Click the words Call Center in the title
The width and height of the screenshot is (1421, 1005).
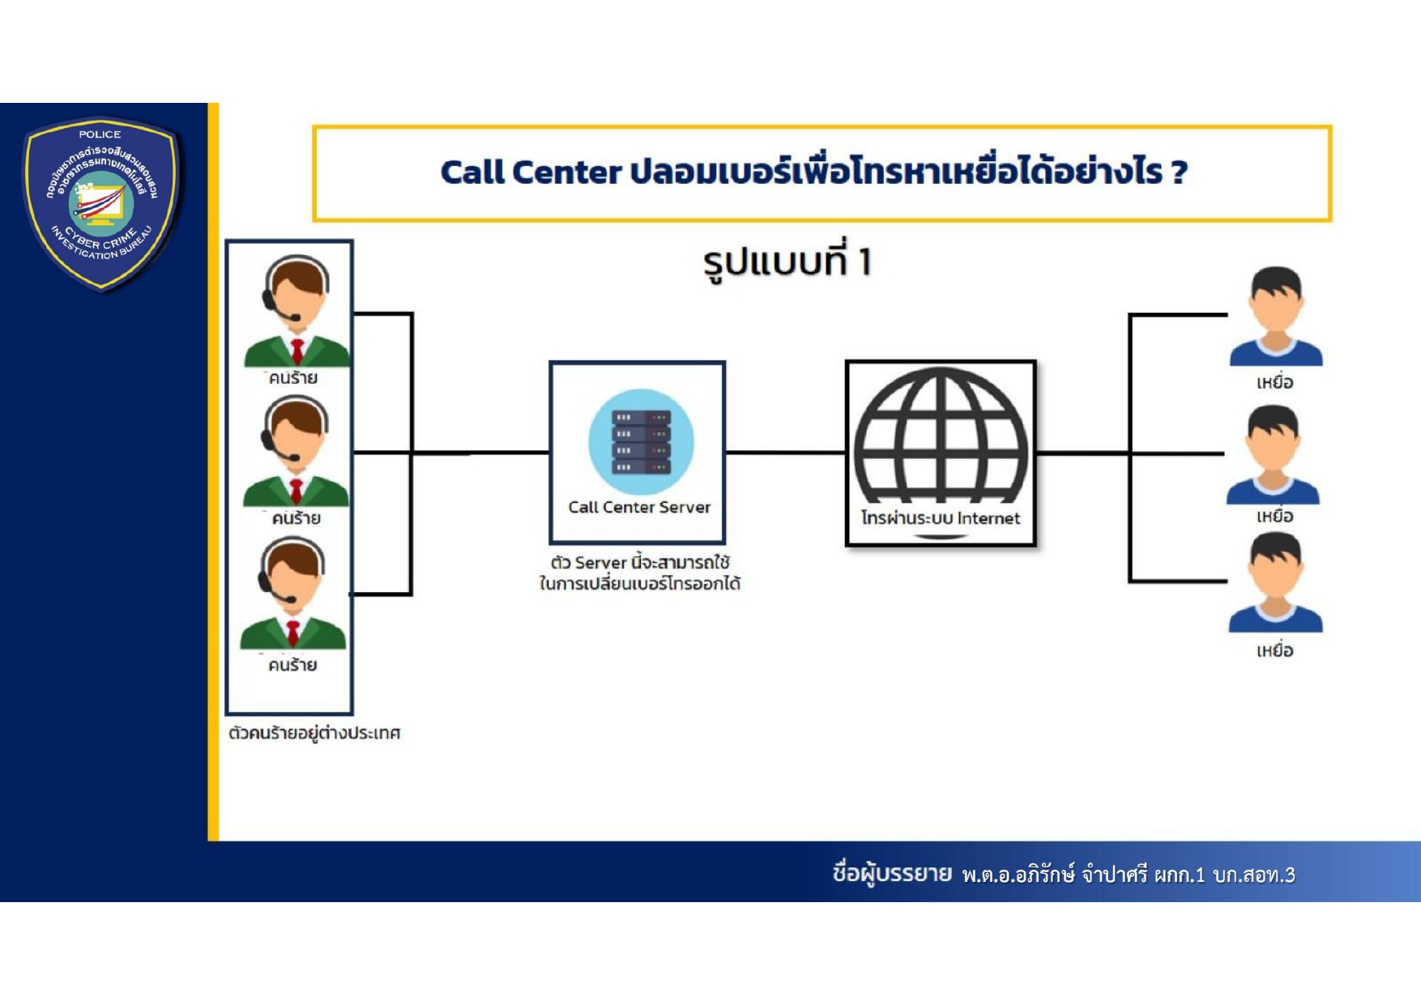(531, 172)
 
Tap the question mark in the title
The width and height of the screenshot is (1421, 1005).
(1179, 172)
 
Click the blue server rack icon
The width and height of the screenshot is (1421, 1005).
(641, 442)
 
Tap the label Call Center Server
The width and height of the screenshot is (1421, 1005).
(639, 508)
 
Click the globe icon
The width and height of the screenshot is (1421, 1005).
(941, 437)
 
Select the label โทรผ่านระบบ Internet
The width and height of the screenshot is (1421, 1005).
(941, 518)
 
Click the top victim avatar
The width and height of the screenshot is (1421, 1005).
(1276, 317)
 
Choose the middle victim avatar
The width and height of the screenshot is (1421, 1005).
(1273, 454)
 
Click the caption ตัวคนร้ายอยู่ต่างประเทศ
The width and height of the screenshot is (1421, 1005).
(314, 733)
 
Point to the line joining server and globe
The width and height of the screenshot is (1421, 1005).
(785, 452)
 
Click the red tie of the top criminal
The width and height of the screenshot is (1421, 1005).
(297, 351)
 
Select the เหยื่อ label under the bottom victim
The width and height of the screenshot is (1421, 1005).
(1274, 651)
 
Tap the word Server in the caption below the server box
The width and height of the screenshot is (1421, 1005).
(601, 563)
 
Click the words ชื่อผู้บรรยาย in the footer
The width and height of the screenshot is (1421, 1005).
(892, 874)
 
